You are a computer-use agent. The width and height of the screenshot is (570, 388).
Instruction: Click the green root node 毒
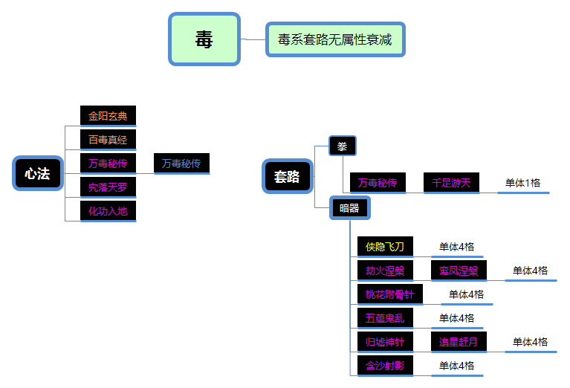pos(204,39)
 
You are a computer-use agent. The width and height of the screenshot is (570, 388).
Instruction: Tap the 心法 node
pos(37,174)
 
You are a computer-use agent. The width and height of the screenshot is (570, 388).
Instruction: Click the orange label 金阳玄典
pos(108,116)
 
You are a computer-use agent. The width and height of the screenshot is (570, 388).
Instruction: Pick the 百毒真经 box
pos(108,140)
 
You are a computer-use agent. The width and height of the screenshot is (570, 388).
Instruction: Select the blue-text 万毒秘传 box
pos(181,164)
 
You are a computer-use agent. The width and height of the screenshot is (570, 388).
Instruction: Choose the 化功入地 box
pos(108,211)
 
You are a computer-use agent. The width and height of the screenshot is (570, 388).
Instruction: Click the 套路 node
pos(287,176)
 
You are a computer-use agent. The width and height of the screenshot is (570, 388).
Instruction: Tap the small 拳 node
pos(343,146)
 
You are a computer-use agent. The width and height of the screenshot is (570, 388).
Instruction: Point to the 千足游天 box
pos(451,183)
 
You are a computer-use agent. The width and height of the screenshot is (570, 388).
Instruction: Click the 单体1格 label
pos(523,183)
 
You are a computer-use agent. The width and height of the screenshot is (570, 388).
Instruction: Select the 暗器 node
pos(349,208)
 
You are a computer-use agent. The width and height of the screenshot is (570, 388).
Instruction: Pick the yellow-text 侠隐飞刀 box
pos(384,247)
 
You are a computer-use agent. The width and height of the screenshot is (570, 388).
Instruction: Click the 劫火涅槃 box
pos(384,271)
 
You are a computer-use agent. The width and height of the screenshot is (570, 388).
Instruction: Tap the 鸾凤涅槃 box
pos(459,271)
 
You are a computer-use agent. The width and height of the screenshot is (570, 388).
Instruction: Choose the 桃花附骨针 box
pos(389,294)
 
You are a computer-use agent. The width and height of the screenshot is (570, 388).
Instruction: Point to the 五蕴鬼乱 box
pos(384,318)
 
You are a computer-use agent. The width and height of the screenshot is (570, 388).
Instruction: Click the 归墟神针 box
pos(384,342)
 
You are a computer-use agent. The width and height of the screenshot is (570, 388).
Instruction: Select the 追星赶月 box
pos(459,342)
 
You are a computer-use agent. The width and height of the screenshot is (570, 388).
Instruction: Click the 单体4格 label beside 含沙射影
pos(456,366)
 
